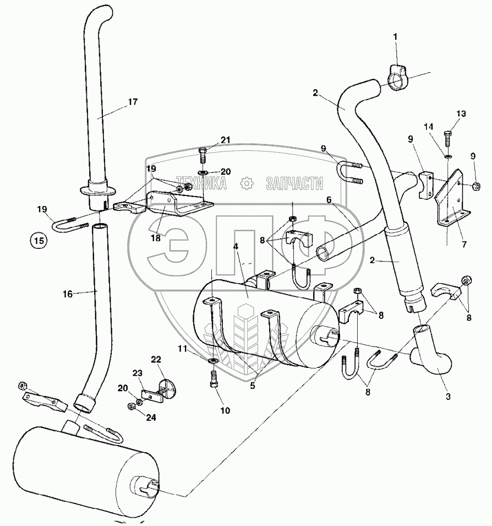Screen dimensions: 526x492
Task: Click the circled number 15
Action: point(38,240)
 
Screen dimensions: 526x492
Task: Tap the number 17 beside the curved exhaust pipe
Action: point(132,102)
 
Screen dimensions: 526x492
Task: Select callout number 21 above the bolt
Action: point(225,140)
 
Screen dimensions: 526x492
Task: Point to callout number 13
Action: point(461,113)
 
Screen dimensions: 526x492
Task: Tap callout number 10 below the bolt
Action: point(226,410)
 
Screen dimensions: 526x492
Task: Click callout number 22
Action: point(156,360)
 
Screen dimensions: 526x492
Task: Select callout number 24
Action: point(151,417)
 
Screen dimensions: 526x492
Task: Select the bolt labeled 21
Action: point(201,155)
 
